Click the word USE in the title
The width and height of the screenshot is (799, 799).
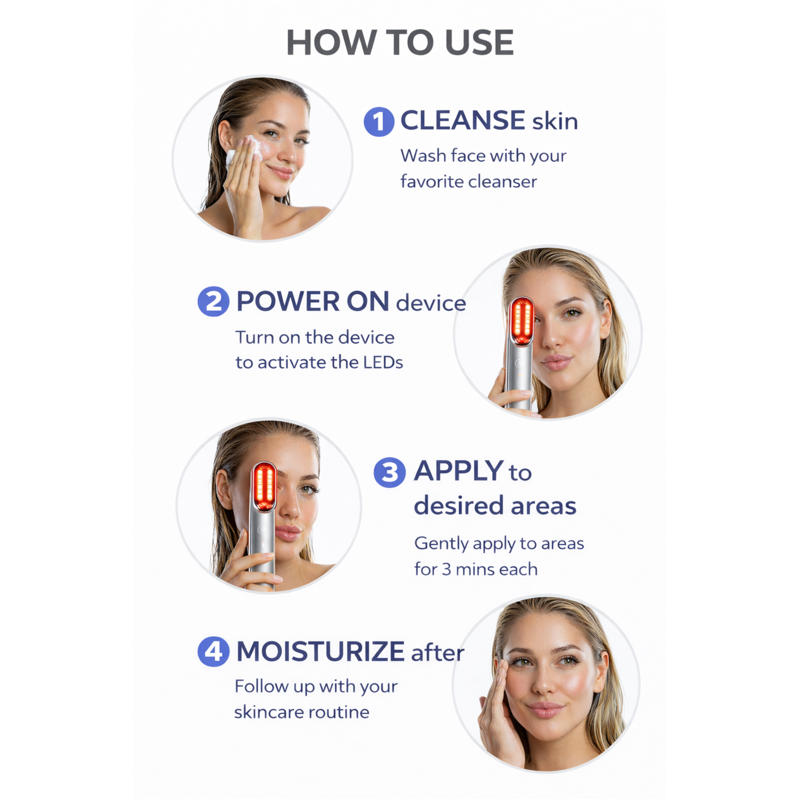(x=479, y=42)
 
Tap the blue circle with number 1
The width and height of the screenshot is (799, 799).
(x=379, y=122)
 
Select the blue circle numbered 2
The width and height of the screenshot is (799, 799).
(x=214, y=301)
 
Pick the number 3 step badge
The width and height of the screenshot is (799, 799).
(x=389, y=472)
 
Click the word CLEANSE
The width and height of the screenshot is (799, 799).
(x=463, y=120)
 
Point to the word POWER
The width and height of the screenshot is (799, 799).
(x=288, y=301)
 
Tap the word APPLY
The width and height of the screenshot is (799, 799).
(x=459, y=471)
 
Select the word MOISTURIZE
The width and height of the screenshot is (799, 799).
(x=321, y=651)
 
